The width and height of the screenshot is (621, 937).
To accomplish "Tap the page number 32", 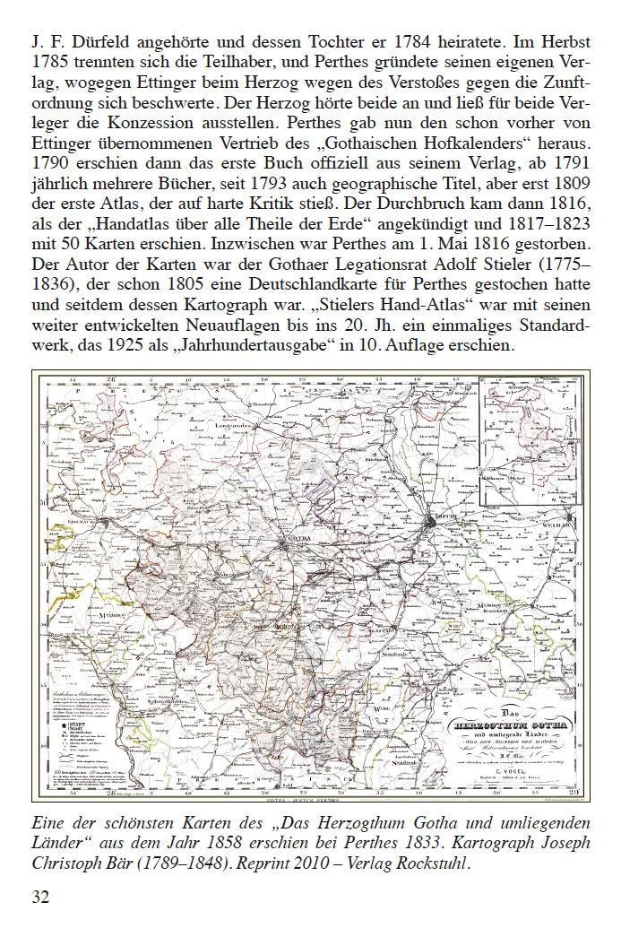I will (42, 897).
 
